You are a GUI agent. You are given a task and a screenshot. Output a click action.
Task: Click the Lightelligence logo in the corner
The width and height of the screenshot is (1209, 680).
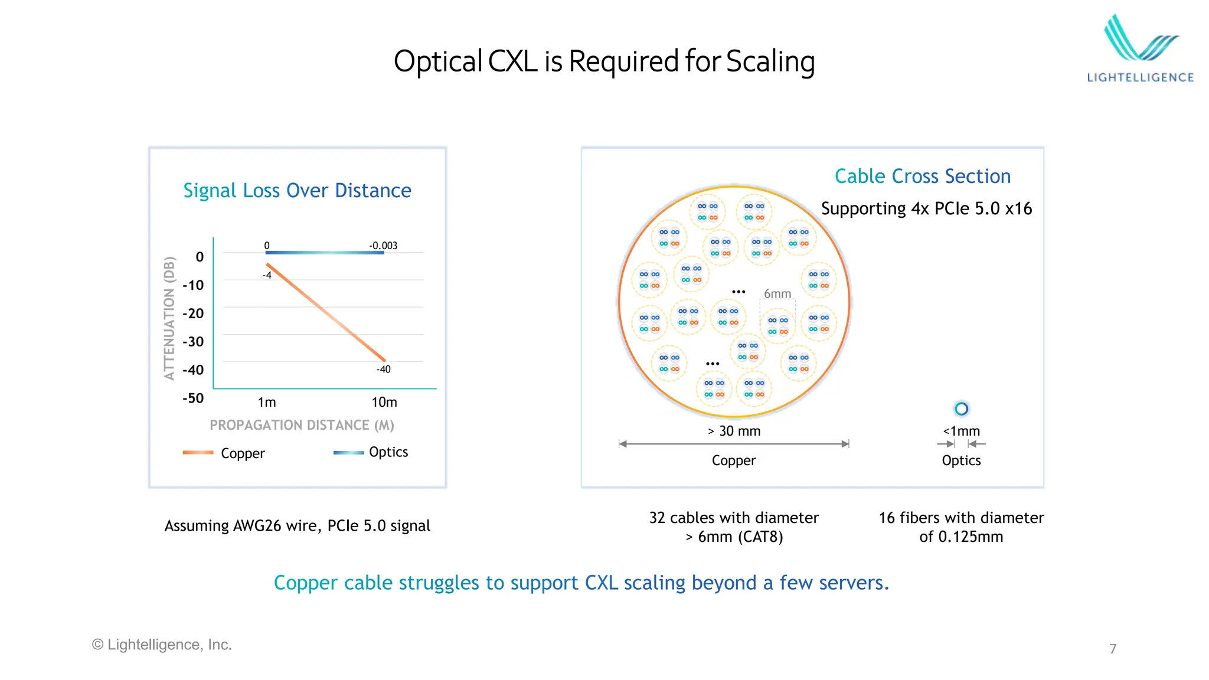[1140, 49]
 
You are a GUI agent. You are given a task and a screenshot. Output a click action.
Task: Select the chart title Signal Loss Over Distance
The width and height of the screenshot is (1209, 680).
[297, 191]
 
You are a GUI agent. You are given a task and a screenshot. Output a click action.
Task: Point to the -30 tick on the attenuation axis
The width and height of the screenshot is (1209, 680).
[193, 342]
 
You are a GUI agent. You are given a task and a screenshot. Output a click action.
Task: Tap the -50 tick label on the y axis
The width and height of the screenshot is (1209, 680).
[193, 398]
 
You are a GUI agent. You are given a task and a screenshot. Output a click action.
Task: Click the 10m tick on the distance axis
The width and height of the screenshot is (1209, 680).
[384, 403]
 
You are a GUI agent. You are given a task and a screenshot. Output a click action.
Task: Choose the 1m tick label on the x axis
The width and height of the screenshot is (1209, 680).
[267, 403]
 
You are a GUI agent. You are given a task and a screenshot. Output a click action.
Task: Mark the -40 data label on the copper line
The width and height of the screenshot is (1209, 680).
[384, 370]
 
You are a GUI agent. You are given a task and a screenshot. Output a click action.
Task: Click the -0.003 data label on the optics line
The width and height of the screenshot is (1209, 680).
[383, 246]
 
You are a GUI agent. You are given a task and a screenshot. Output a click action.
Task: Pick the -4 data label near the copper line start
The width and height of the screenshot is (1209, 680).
[267, 275]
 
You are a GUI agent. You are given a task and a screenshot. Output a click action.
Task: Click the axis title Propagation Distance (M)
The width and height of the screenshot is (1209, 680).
[302, 425]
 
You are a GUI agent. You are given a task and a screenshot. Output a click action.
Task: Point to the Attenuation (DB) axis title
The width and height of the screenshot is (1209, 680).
[170, 318]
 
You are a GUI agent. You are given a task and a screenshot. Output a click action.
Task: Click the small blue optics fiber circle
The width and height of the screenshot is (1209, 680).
[961, 408]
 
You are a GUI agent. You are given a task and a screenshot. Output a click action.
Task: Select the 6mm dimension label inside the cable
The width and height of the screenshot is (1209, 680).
[777, 294]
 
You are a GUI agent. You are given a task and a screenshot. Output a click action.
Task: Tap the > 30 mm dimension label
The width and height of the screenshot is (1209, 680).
[734, 431]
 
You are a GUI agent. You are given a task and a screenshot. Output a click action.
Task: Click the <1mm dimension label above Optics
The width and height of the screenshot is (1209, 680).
[961, 431]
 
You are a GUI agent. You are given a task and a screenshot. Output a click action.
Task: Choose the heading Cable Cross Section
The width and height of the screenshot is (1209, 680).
[922, 176]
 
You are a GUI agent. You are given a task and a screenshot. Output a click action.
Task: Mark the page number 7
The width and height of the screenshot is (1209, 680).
[1113, 649]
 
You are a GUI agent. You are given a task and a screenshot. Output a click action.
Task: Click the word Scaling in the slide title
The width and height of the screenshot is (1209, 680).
[770, 62]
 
